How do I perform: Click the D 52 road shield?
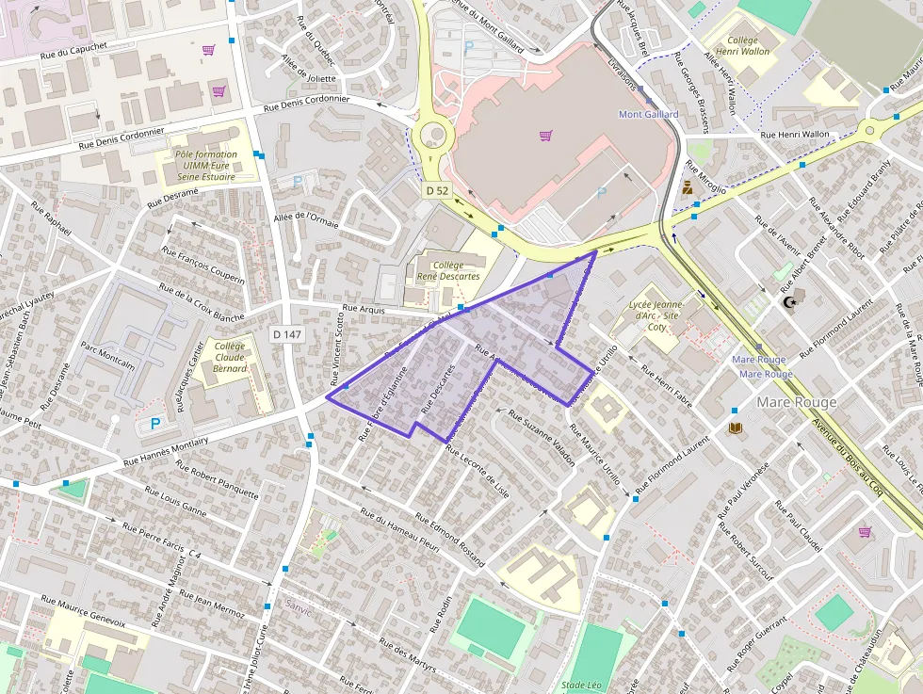click(x=436, y=190)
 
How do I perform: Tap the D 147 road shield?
click(x=286, y=334)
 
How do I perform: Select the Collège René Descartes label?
click(x=449, y=271)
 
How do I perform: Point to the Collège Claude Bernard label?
click(x=231, y=357)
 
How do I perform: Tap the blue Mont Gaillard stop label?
click(x=648, y=115)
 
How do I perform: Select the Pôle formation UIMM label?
click(x=204, y=165)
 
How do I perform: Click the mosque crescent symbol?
click(x=789, y=302)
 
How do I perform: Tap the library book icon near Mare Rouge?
click(x=735, y=428)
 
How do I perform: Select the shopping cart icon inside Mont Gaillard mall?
click(x=545, y=136)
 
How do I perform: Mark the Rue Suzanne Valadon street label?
click(x=542, y=438)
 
